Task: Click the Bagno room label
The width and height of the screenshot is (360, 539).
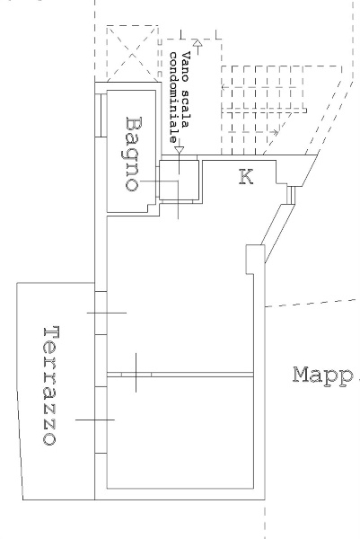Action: click(x=133, y=154)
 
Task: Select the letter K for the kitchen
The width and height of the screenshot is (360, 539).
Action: click(x=246, y=177)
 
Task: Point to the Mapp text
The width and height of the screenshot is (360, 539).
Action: click(x=323, y=376)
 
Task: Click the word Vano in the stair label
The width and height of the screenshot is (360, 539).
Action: click(x=186, y=66)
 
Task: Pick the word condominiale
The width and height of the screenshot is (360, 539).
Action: click(x=174, y=98)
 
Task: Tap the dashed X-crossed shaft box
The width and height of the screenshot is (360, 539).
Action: click(x=132, y=54)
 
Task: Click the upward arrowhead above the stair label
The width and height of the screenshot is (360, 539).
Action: click(x=198, y=42)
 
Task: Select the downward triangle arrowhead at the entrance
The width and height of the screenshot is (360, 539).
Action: click(x=179, y=150)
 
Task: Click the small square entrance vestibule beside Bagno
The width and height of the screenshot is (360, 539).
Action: click(x=179, y=180)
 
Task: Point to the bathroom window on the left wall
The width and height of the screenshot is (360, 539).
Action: click(x=101, y=115)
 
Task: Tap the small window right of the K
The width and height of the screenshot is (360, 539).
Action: click(x=291, y=195)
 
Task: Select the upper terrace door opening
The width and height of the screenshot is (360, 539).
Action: click(x=101, y=314)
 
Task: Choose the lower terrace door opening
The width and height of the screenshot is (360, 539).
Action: click(x=101, y=420)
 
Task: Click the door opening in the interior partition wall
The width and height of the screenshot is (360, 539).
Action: click(x=136, y=375)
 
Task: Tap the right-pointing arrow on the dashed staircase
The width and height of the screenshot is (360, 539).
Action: click(x=253, y=132)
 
